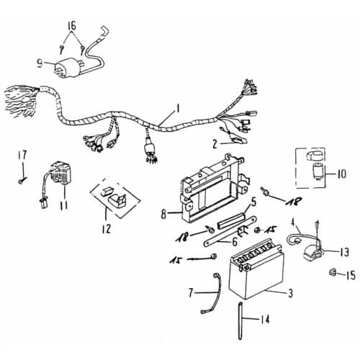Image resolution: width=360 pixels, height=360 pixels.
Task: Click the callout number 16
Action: point(72,25)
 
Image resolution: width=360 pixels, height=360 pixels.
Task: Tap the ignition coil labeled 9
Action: point(68,68)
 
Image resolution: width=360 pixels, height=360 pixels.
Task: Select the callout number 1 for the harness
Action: point(178,108)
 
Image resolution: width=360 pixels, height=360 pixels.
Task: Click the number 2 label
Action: point(215,144)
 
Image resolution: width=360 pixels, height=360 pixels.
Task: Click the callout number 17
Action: point(23,155)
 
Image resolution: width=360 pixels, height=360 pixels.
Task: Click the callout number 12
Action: point(106,228)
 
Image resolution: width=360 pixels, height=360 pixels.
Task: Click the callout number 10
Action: point(341,174)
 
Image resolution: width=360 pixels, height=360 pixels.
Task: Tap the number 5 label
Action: point(253,202)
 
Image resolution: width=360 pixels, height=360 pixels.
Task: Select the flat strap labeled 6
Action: point(230,231)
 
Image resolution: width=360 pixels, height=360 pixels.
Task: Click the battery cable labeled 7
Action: point(210,294)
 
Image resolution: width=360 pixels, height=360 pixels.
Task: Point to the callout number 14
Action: point(264,320)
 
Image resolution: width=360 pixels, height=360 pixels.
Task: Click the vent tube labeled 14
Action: point(240,320)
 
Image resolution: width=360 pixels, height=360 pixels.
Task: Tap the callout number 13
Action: point(344,252)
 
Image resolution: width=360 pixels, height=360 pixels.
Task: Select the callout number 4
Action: point(293,222)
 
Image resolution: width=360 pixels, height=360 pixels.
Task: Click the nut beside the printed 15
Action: point(333,272)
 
